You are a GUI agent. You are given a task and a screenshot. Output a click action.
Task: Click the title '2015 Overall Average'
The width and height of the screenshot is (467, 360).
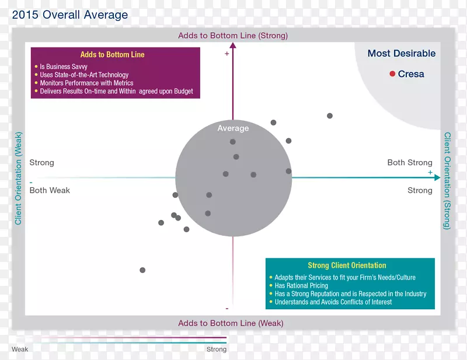(69, 15)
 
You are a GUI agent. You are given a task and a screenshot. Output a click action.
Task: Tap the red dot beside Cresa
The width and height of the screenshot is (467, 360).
(393, 74)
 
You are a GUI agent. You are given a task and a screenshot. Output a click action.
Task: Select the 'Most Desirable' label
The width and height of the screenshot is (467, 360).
(402, 54)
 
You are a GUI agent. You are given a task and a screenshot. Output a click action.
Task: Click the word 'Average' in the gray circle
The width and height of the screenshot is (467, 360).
(233, 128)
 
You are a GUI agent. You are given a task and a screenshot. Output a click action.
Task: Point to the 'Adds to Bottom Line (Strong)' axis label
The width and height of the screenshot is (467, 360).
(233, 36)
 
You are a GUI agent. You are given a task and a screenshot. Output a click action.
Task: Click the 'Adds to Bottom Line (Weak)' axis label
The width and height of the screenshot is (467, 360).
(231, 323)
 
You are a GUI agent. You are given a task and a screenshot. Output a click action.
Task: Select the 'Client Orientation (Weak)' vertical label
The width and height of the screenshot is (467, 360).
(19, 179)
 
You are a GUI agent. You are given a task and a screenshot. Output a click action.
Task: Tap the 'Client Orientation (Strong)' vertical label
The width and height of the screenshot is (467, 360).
(448, 180)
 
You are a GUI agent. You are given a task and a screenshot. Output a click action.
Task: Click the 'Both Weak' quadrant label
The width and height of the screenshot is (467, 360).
(50, 190)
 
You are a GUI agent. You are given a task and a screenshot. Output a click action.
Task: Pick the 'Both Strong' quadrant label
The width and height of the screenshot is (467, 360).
(410, 163)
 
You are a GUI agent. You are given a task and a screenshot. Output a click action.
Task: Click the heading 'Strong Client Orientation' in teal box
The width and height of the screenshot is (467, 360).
(347, 265)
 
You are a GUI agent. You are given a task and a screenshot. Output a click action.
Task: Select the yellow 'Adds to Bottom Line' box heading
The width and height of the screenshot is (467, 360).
(113, 55)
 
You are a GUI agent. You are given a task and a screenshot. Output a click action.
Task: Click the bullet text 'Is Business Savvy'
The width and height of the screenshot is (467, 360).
(64, 67)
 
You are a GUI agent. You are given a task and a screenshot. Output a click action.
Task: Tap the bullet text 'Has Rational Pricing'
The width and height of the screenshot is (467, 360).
(302, 286)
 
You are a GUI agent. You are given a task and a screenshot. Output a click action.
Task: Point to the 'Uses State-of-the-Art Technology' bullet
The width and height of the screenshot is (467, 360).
(84, 75)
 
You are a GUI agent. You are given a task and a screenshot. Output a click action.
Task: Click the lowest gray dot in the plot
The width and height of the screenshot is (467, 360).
(142, 270)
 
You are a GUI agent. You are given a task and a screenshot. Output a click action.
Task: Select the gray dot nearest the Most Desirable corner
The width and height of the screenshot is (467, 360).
(330, 116)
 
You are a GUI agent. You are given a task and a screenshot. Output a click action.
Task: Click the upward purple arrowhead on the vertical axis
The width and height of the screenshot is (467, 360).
(233, 48)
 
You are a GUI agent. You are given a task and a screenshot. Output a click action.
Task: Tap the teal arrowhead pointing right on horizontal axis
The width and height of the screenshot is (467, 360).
(435, 178)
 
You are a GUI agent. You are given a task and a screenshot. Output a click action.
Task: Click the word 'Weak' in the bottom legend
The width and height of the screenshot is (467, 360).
(20, 349)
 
